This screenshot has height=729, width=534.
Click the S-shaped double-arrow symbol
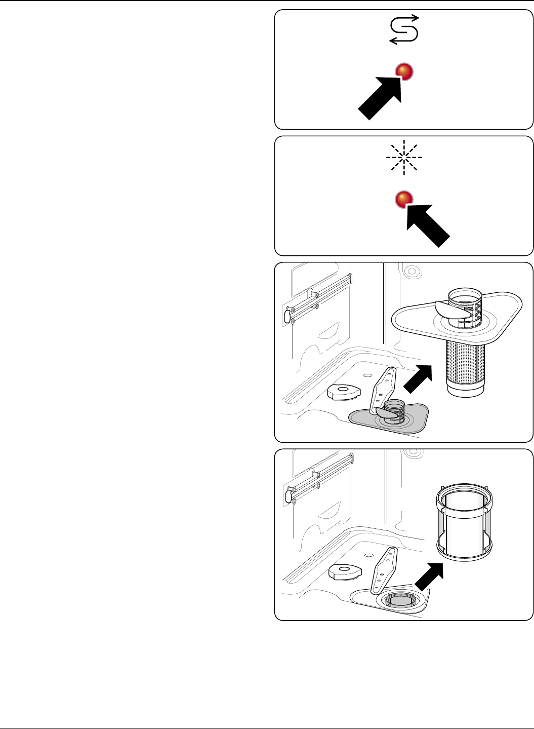click(404, 30)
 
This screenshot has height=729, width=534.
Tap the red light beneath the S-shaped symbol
click(404, 71)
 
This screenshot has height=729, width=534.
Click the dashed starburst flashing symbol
click(404, 158)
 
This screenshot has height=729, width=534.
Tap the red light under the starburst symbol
click(404, 199)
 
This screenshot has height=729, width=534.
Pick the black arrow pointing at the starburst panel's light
click(428, 225)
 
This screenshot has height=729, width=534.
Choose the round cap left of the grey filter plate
click(343, 392)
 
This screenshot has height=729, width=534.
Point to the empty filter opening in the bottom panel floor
click(399, 601)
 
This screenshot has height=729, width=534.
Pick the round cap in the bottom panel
click(344, 571)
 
